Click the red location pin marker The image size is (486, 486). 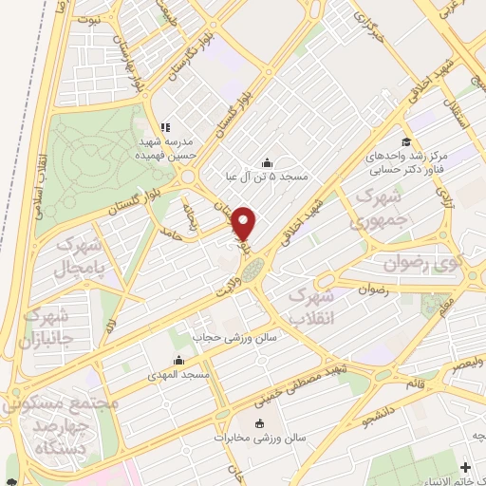(245, 223)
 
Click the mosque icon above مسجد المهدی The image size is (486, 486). (179, 361)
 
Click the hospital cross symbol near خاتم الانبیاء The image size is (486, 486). (465, 468)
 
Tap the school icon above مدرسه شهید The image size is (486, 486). (164, 126)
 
